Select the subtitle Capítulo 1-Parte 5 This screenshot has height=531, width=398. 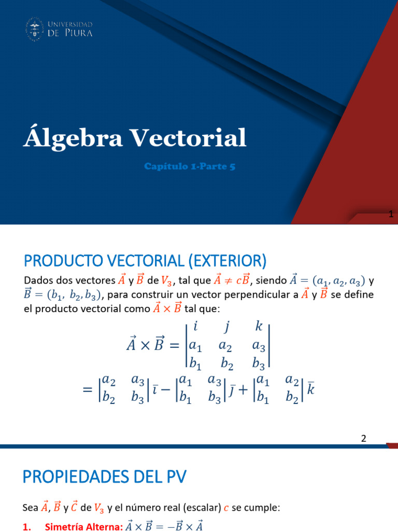pyautogui.click(x=190, y=166)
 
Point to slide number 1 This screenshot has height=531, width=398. pyautogui.click(x=391, y=215)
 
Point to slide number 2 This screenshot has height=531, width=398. pyautogui.click(x=364, y=438)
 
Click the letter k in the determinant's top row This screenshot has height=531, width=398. pyautogui.click(x=259, y=327)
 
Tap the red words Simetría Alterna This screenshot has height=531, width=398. pyautogui.click(x=84, y=526)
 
